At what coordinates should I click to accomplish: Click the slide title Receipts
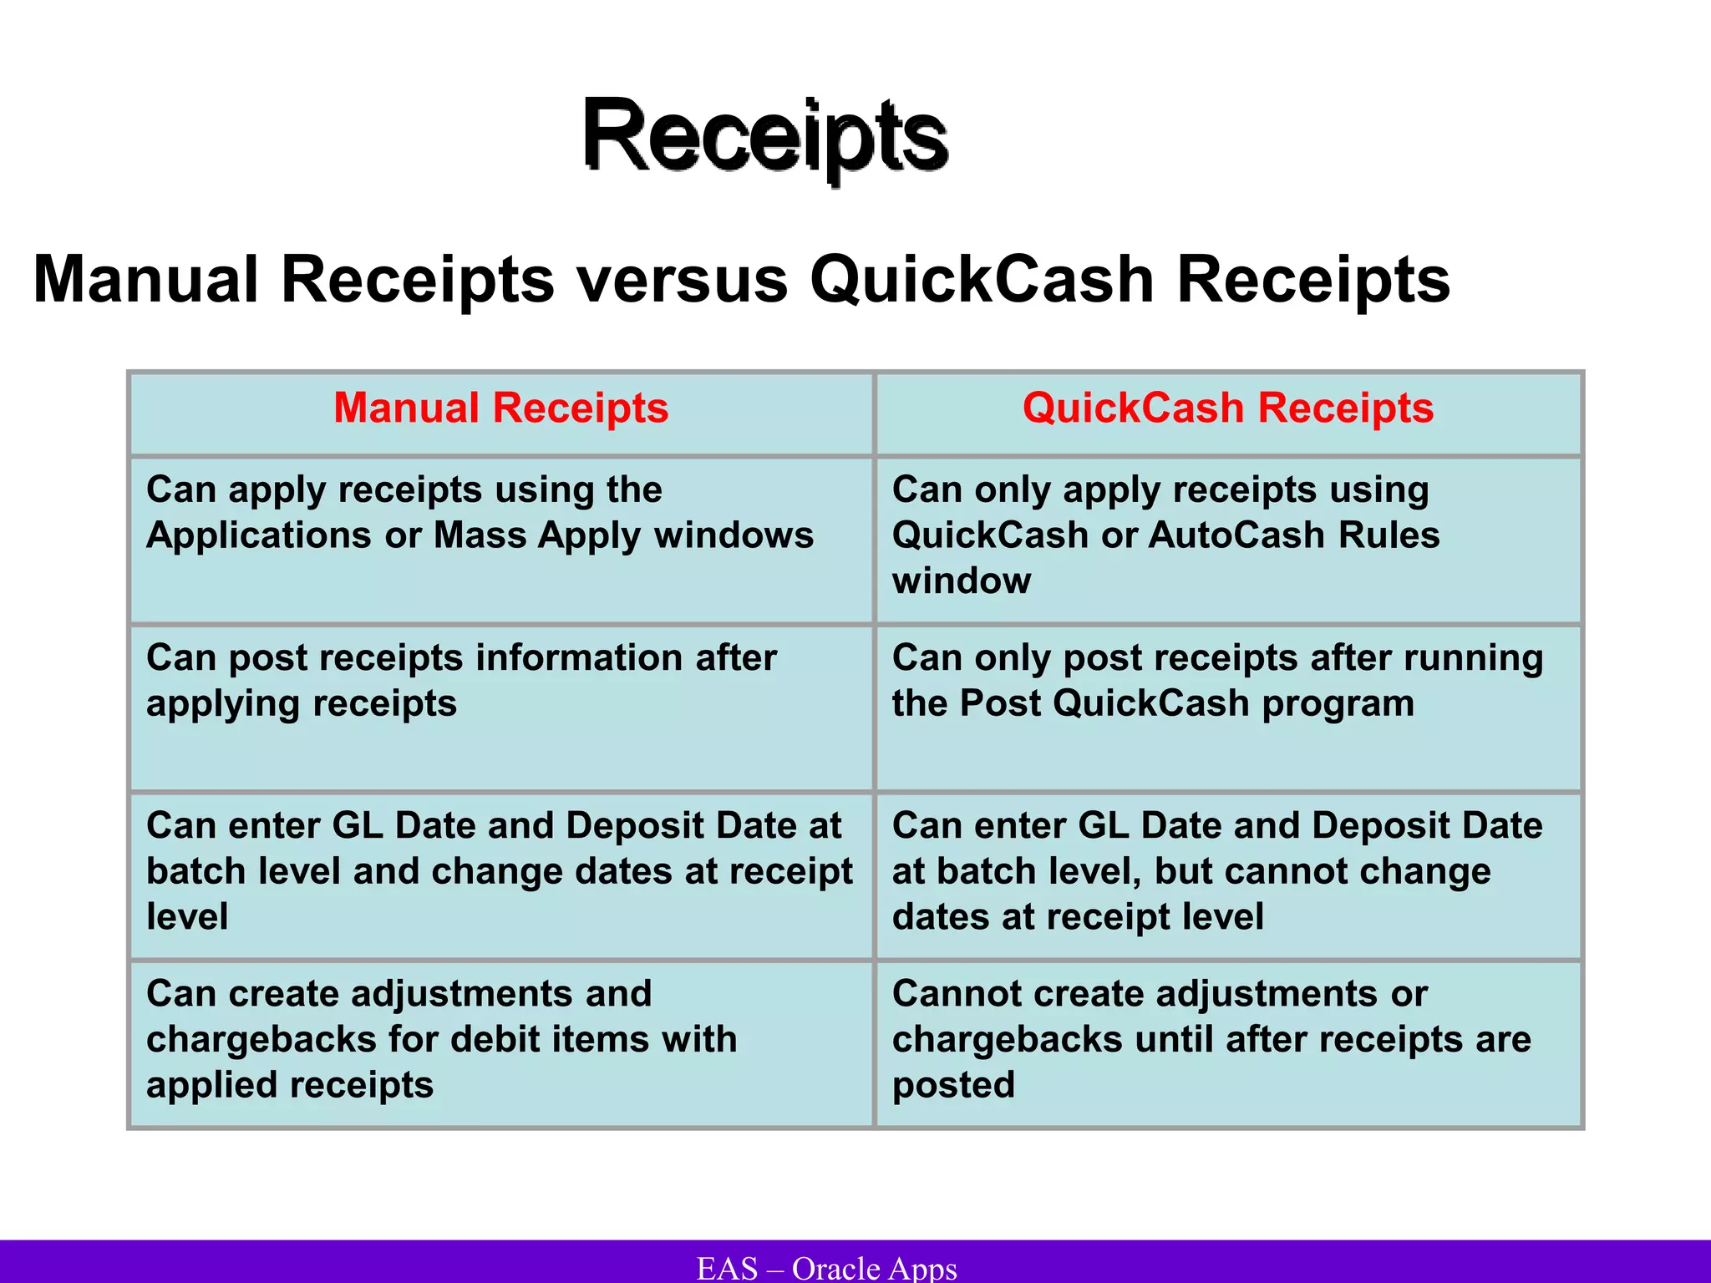(764, 135)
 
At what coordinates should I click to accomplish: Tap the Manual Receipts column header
(500, 408)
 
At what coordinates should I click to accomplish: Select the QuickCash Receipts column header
(1227, 408)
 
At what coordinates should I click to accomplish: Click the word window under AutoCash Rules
(961, 581)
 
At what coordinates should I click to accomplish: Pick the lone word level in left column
(187, 917)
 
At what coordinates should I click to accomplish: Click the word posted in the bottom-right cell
(953, 1085)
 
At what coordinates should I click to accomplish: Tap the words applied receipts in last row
(290, 1085)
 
